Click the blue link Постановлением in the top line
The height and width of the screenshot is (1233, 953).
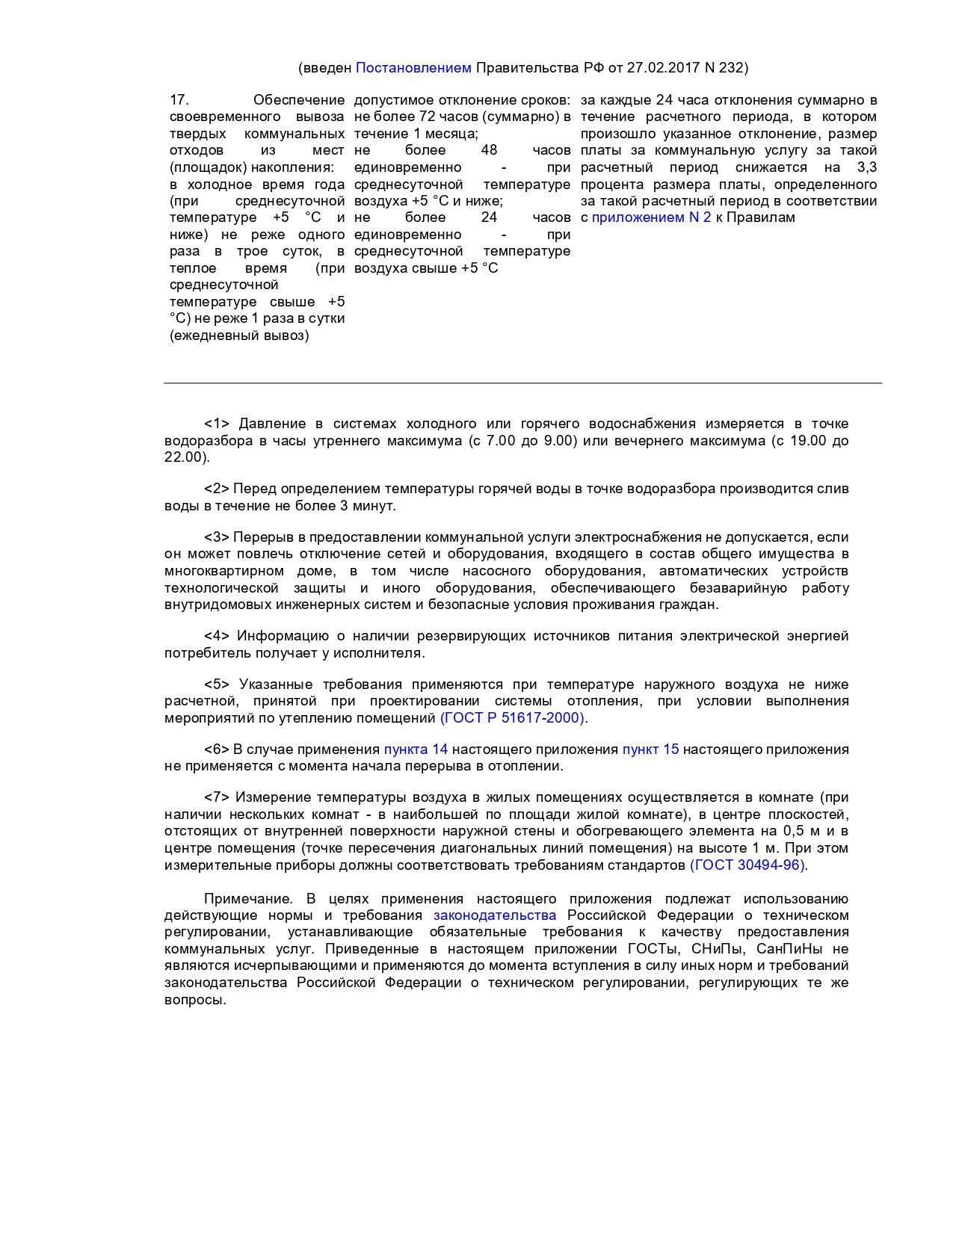pos(413,68)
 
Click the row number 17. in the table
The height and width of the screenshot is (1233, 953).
pos(179,100)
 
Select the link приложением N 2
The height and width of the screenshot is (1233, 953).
pos(651,217)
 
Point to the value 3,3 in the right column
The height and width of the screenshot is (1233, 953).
pos(866,167)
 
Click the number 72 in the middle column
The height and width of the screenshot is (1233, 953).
pos(428,117)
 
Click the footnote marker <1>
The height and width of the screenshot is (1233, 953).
pos(216,424)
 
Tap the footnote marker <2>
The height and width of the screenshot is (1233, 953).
pos(216,489)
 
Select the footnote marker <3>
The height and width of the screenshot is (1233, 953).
pos(216,537)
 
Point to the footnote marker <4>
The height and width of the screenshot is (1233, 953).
pos(216,636)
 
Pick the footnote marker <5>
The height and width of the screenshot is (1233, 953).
pos(216,685)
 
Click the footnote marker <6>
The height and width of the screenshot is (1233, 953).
pos(216,750)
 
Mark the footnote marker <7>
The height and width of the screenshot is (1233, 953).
pos(216,797)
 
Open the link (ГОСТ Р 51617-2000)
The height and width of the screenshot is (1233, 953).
pos(512,718)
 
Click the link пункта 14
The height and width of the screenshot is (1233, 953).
pos(416,750)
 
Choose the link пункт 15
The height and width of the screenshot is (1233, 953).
pos(650,750)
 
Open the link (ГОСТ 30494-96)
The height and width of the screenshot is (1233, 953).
pos(747,865)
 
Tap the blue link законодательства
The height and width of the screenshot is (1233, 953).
pos(495,915)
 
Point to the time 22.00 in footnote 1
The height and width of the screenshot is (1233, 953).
pos(183,457)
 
